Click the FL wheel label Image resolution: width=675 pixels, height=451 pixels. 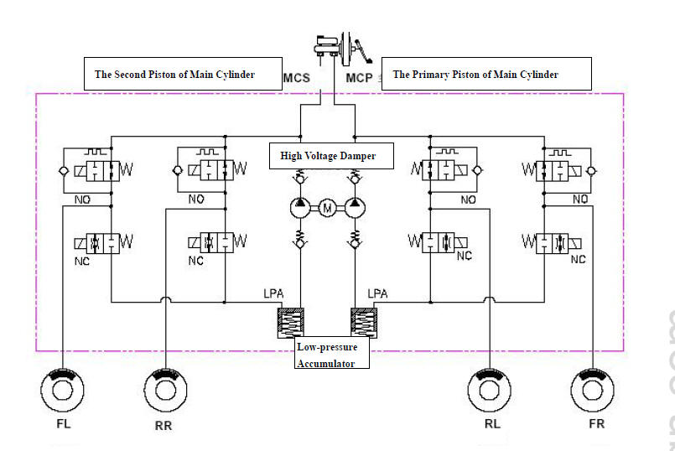tap(64, 423)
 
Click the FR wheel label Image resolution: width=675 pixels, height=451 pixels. tap(596, 423)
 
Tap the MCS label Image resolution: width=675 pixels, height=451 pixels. tap(297, 78)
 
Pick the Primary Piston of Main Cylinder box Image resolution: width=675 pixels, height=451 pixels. tap(486, 74)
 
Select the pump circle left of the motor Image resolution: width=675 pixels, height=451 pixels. tap(298, 206)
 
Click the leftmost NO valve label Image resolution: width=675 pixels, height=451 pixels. tap(82, 200)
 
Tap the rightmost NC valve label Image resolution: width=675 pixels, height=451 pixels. tap(579, 260)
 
